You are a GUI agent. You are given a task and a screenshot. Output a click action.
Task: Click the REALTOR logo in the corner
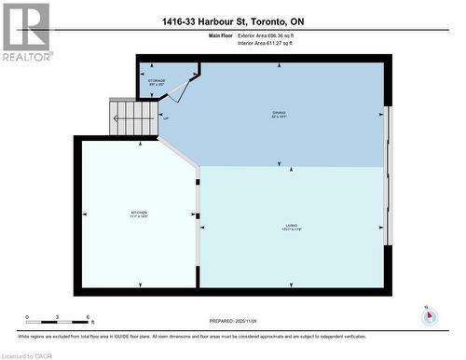[26, 31]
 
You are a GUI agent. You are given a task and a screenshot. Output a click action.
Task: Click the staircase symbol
[133, 117]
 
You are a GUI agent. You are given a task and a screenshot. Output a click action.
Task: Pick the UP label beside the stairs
[166, 118]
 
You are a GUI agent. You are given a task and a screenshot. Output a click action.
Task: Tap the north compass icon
[429, 315]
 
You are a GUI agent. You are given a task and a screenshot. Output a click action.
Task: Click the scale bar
[57, 324]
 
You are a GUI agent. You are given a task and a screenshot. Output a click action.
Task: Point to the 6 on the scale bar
[88, 317]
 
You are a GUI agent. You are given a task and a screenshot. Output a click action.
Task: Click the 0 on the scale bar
[27, 317]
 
